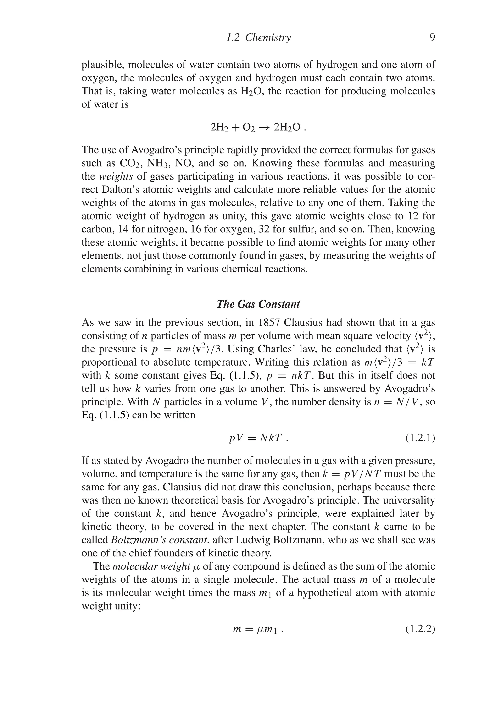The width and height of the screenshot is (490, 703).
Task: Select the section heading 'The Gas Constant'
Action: (x=258, y=304)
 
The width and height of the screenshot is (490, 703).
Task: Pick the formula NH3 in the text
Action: (x=158, y=163)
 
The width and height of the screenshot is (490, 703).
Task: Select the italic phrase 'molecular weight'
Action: (x=151, y=566)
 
